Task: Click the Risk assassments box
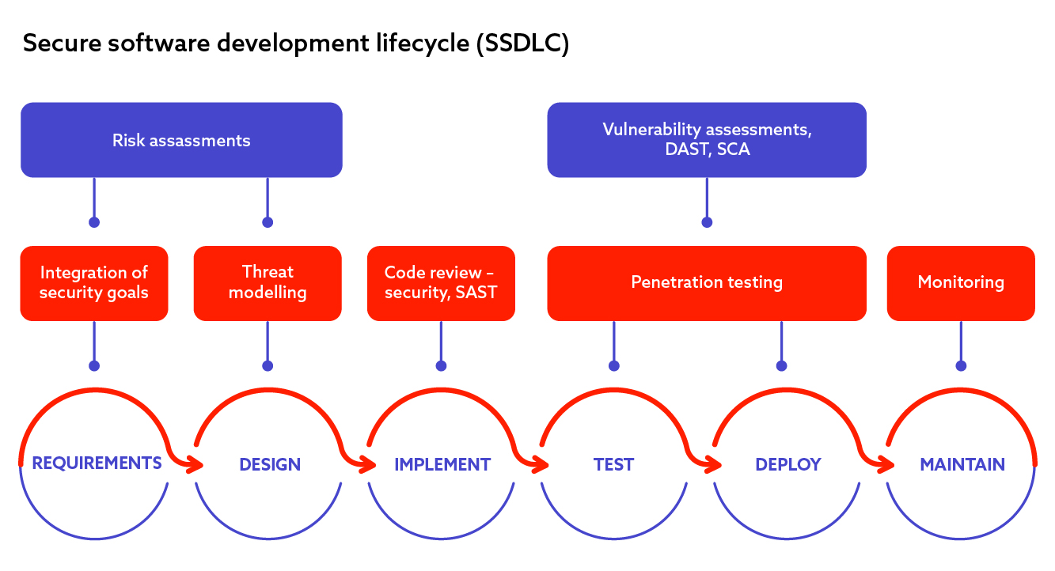click(181, 140)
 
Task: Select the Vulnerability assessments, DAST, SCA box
click(707, 140)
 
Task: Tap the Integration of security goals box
click(94, 283)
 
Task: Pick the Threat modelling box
click(268, 283)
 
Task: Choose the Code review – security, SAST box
click(441, 283)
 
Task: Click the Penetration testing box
click(707, 283)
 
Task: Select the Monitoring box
click(961, 283)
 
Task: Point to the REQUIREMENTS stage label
click(97, 463)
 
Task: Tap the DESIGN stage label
click(270, 464)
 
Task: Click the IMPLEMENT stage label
click(442, 464)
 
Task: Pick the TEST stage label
click(613, 464)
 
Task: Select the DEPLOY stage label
click(788, 464)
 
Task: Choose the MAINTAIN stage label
click(962, 464)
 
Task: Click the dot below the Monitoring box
click(962, 365)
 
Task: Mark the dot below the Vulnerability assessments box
click(707, 222)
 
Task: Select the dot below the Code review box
click(442, 365)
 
